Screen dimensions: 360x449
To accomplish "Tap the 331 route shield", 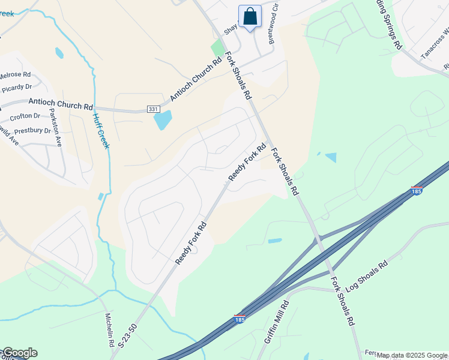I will pyautogui.click(x=153, y=109).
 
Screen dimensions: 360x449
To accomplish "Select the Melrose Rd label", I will pyautogui.click(x=15, y=74).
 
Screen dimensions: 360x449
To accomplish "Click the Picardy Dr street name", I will pyautogui.click(x=16, y=88).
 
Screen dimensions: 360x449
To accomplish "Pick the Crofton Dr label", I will pyautogui.click(x=25, y=116).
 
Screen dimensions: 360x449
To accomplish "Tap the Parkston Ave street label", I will pyautogui.click(x=55, y=127).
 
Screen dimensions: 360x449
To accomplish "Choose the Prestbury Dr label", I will pyautogui.click(x=32, y=130).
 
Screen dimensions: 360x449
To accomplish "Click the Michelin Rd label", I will pyautogui.click(x=110, y=330).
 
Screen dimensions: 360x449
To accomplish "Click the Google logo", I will pyautogui.click(x=19, y=353).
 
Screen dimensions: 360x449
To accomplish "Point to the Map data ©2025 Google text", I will pyautogui.click(x=412, y=355).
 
